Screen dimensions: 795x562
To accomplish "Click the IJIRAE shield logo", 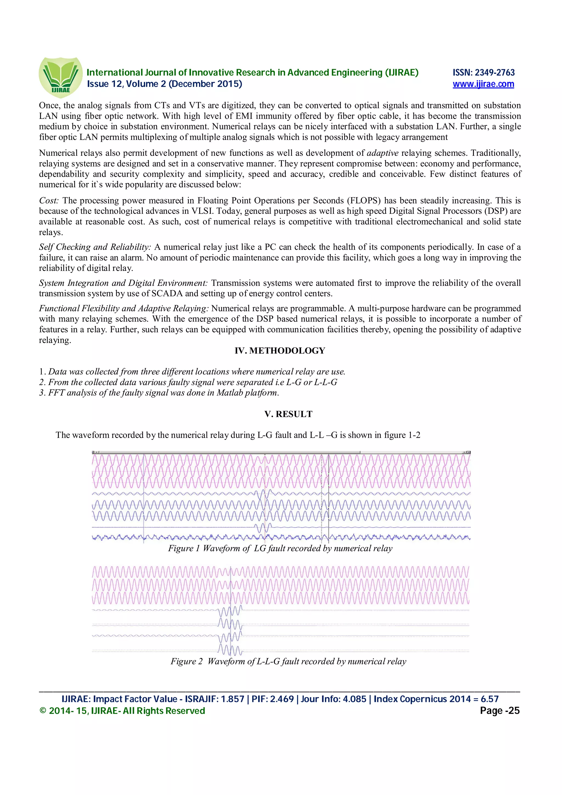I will coord(61,77).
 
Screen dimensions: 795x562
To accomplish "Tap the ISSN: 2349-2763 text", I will coord(484,72).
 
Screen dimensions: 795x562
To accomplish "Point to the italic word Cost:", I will coord(49,201).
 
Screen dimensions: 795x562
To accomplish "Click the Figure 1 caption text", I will coord(280,548).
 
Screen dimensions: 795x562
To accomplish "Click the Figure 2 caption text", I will coord(288,661).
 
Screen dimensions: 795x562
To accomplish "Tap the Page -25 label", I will coord(499,711).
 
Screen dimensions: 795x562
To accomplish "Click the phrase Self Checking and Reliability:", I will coord(95,247).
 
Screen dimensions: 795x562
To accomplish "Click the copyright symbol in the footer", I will coord(43,711).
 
